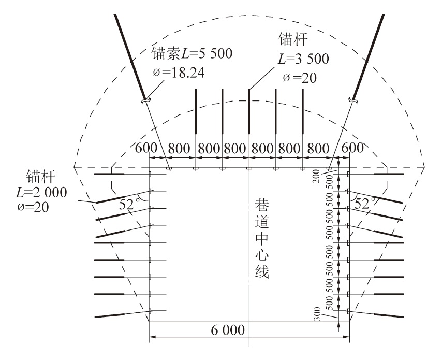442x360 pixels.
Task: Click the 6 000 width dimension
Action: pyautogui.click(x=228, y=329)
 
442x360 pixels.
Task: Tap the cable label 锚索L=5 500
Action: pyautogui.click(x=191, y=53)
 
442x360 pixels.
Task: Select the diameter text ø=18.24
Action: pyautogui.click(x=179, y=73)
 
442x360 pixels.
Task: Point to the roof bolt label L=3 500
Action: pyautogui.click(x=303, y=59)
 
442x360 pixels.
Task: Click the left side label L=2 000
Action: pyautogui.click(x=41, y=192)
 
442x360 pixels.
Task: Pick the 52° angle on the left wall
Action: pyautogui.click(x=129, y=204)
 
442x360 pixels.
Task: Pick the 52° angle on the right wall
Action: pyautogui.click(x=365, y=204)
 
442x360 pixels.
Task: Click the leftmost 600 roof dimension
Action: pyautogui.click(x=146, y=148)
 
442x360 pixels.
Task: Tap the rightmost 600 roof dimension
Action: pyautogui.click(x=352, y=148)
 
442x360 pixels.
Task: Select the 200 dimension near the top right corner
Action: pyautogui.click(x=316, y=176)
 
